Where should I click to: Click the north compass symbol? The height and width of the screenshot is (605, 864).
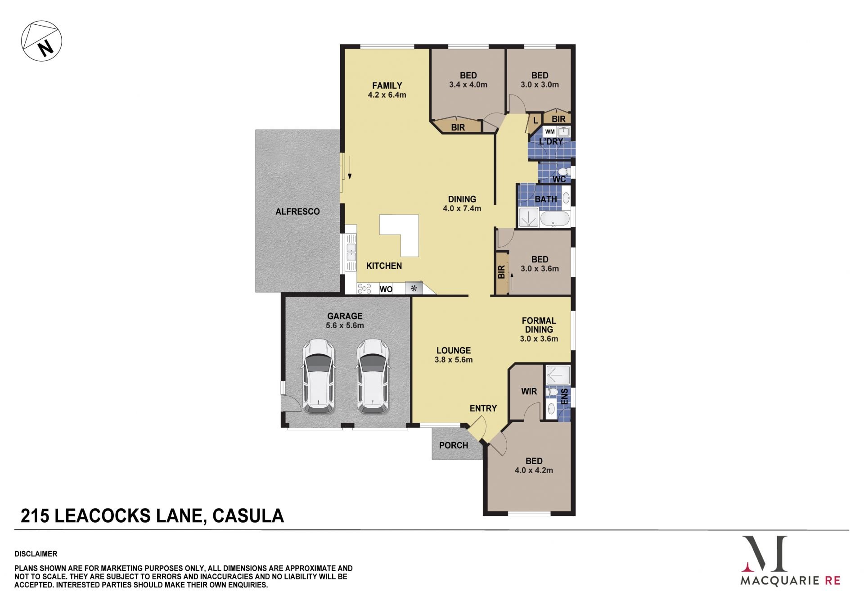point(41,41)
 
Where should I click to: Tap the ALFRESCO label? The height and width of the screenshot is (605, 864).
point(297,212)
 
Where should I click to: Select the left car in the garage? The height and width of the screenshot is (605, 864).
point(318,376)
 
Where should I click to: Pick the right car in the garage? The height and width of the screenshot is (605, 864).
point(373,376)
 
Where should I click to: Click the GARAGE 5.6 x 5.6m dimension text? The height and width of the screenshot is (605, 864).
point(345,325)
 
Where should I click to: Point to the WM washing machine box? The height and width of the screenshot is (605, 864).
point(549,132)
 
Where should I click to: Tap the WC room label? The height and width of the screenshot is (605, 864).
point(559,179)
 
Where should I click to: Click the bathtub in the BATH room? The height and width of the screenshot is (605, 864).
point(555,219)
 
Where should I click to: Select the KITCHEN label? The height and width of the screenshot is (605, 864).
point(384,266)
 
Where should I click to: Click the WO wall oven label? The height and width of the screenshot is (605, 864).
point(386,289)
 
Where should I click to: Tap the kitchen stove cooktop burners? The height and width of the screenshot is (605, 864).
point(364,288)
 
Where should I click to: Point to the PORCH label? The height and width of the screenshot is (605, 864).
point(454,445)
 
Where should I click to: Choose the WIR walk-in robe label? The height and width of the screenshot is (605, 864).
point(529,392)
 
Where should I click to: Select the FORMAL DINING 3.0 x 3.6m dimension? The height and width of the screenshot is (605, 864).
point(539,339)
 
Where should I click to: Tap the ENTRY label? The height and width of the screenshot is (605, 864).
point(483,408)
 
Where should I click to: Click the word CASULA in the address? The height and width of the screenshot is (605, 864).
point(248,516)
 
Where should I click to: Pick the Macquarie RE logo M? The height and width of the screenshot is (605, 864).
point(765,554)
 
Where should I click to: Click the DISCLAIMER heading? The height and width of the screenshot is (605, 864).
point(36,554)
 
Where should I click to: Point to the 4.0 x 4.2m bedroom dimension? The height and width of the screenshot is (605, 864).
point(534,470)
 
